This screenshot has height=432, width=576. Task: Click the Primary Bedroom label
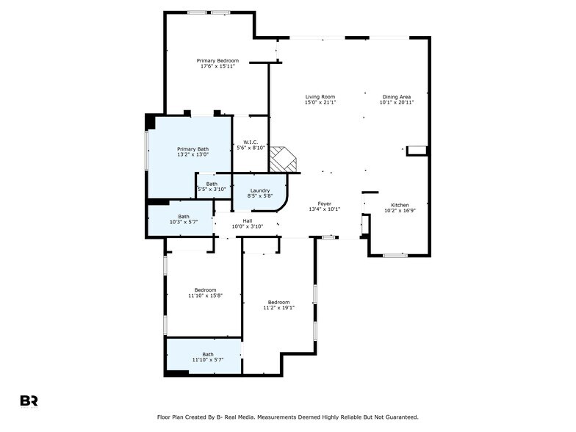click(217, 60)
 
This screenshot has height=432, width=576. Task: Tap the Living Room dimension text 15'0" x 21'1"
click(320, 102)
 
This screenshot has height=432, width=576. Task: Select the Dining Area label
click(396, 96)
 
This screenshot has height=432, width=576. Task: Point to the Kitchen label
click(400, 205)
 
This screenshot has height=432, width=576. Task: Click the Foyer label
click(324, 204)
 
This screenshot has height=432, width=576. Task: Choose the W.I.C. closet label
click(249, 143)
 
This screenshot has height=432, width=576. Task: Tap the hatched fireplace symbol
click(283, 159)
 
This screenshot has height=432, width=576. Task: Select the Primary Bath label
click(192, 149)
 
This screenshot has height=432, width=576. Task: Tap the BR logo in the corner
click(29, 400)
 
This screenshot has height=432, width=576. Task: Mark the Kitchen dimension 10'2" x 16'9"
click(400, 211)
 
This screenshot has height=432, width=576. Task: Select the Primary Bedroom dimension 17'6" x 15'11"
click(217, 66)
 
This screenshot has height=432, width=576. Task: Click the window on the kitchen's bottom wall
click(395, 255)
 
